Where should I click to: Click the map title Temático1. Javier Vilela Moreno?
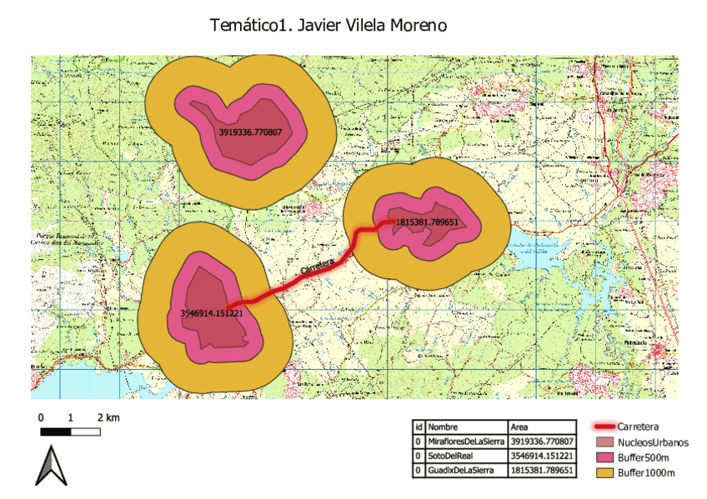(328, 26)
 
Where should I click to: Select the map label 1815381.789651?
(427, 222)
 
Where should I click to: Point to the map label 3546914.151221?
(211, 313)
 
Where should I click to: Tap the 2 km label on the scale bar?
(108, 417)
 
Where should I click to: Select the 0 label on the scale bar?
(40, 417)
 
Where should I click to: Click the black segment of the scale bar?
(55, 432)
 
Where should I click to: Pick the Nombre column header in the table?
(443, 427)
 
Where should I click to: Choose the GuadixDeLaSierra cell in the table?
(459, 471)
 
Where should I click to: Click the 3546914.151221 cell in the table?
(541, 456)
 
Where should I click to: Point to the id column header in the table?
(419, 427)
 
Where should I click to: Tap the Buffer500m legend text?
(643, 458)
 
